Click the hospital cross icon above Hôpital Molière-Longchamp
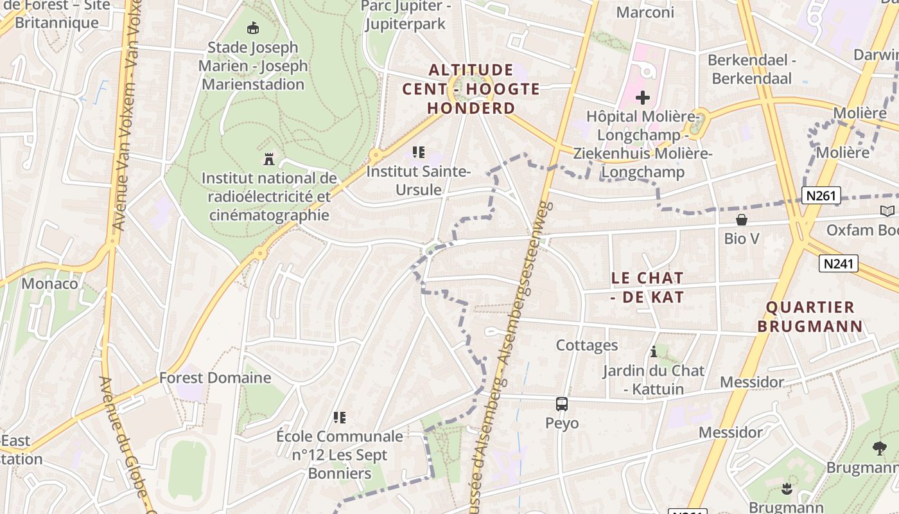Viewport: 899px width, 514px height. [642, 98]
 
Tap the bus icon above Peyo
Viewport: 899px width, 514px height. [562, 404]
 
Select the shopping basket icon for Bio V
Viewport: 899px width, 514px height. [742, 220]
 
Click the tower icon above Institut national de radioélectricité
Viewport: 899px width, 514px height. [269, 159]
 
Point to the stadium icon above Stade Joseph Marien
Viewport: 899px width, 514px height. [253, 28]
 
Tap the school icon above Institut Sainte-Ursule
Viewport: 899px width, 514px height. [419, 153]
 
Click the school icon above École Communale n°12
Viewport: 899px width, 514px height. [340, 418]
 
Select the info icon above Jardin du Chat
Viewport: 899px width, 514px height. [654, 351]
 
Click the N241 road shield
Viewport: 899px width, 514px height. [839, 263]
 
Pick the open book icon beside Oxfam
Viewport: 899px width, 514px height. [887, 211]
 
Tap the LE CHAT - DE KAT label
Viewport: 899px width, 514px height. [647, 287]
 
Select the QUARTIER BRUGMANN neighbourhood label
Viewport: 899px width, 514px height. [810, 317]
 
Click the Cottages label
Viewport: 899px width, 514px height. [587, 346]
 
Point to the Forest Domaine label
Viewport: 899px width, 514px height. [215, 378]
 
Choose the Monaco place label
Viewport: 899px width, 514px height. [49, 283]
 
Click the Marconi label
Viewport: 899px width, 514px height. [645, 12]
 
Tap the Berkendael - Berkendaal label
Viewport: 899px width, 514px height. [752, 69]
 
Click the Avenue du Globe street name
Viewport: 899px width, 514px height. [125, 443]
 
